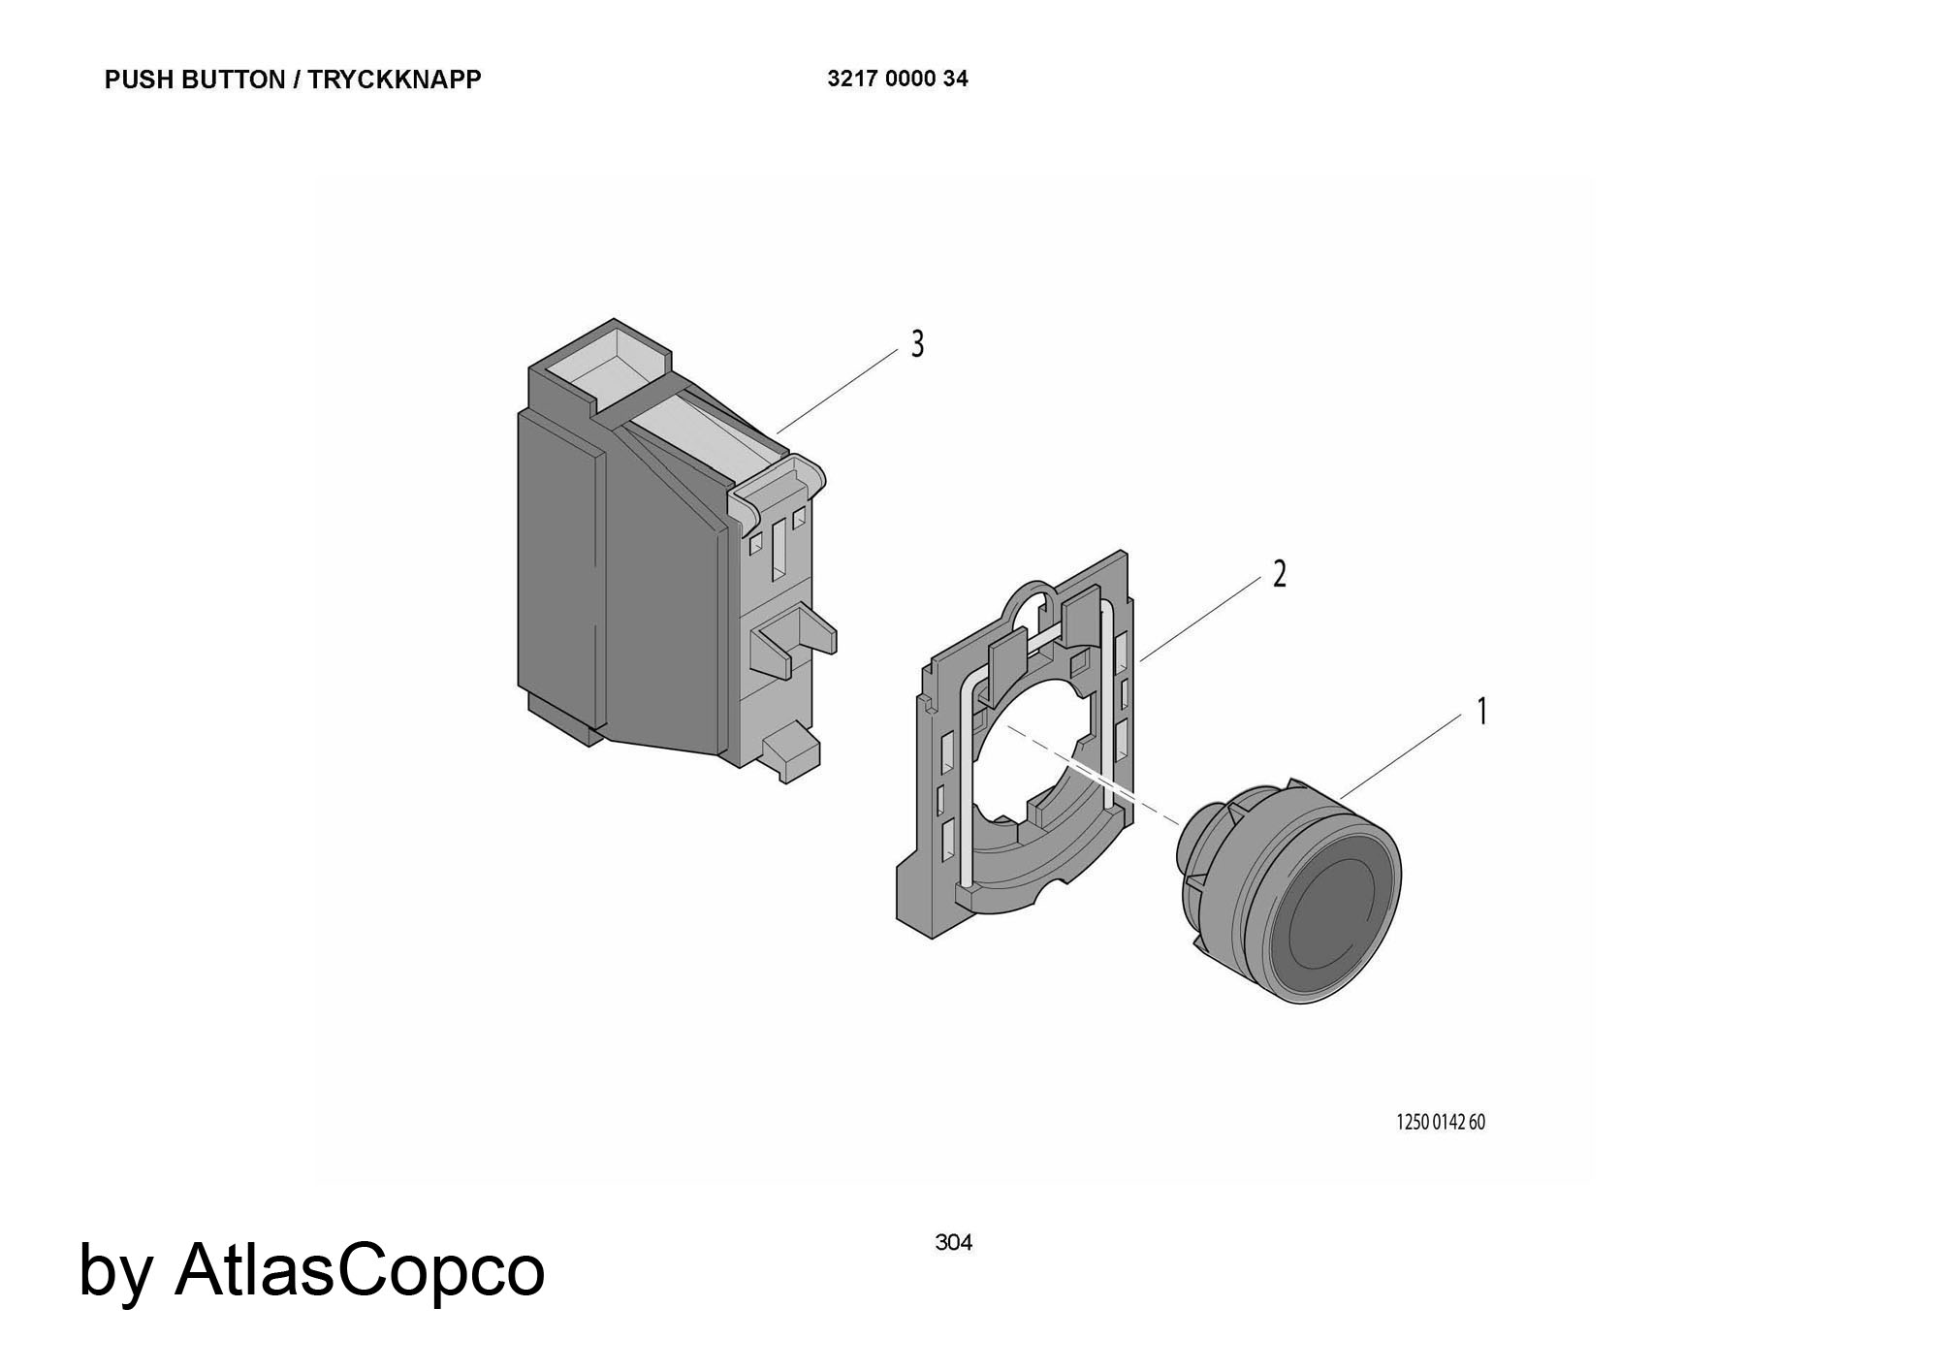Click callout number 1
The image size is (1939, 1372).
tap(1481, 712)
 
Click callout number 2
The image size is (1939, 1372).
tap(1280, 574)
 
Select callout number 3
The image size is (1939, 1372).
tap(917, 344)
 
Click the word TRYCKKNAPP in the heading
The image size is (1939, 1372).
tap(395, 80)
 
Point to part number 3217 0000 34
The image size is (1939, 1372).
tap(898, 79)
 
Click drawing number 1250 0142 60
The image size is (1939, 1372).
tap(1441, 1123)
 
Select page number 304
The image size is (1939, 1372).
tap(954, 1242)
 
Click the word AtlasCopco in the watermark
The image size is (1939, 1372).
tap(360, 1269)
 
